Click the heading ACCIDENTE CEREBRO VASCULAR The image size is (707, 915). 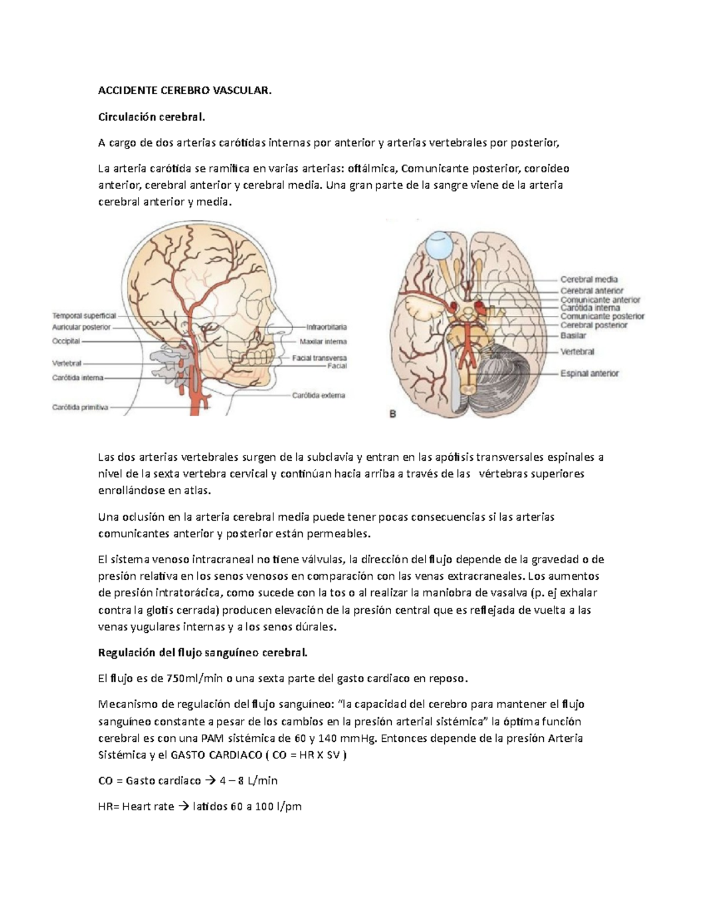click(x=185, y=91)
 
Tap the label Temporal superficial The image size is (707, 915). click(x=84, y=316)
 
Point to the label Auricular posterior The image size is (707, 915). click(x=81, y=327)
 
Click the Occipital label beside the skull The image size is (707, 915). click(x=66, y=341)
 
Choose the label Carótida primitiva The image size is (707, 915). click(x=80, y=407)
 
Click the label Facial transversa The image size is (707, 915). click(x=319, y=358)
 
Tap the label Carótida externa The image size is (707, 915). click(x=319, y=395)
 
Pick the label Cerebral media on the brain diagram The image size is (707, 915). click(x=589, y=279)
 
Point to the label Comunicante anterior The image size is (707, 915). click(x=600, y=299)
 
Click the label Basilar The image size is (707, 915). click(x=573, y=335)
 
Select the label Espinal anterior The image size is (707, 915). click(x=589, y=373)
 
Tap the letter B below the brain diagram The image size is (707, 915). click(x=392, y=414)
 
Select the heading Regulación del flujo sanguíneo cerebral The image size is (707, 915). click(x=202, y=653)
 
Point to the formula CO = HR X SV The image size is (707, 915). click(x=302, y=755)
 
